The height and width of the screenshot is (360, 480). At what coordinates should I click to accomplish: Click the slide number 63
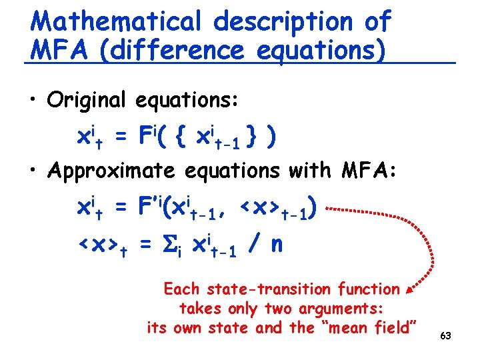coord(445,335)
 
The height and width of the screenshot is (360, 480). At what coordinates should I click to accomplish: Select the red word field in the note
coord(393,328)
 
